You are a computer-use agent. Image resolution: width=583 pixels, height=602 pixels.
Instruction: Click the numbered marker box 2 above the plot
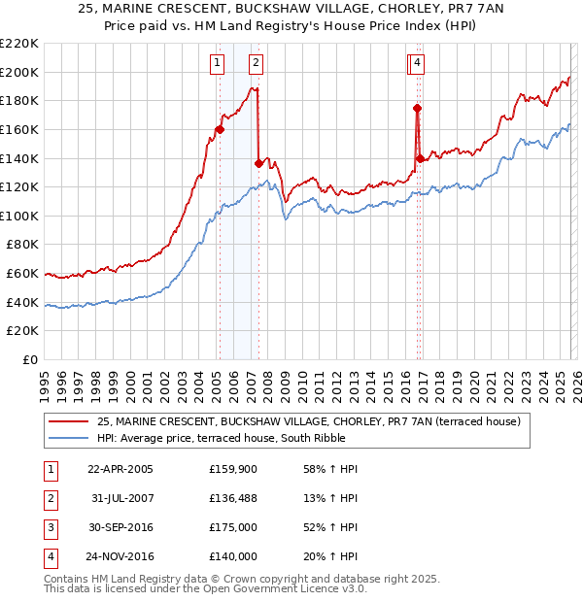click(x=256, y=64)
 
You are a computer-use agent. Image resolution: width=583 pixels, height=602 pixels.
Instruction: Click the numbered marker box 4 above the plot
click(x=416, y=64)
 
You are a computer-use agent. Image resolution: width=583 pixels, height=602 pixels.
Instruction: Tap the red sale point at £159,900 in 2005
click(x=220, y=129)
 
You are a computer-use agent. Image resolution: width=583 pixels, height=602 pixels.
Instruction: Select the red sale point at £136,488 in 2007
click(x=258, y=163)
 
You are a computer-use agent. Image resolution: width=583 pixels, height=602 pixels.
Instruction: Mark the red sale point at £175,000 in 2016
click(x=417, y=108)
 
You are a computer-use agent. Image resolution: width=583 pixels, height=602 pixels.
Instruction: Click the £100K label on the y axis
click(x=19, y=216)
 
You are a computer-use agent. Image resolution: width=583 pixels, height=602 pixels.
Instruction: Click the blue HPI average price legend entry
click(x=262, y=438)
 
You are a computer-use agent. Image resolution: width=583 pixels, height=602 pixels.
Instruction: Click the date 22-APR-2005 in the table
click(x=120, y=469)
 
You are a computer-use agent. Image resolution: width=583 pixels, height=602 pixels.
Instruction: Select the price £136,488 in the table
click(x=233, y=498)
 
